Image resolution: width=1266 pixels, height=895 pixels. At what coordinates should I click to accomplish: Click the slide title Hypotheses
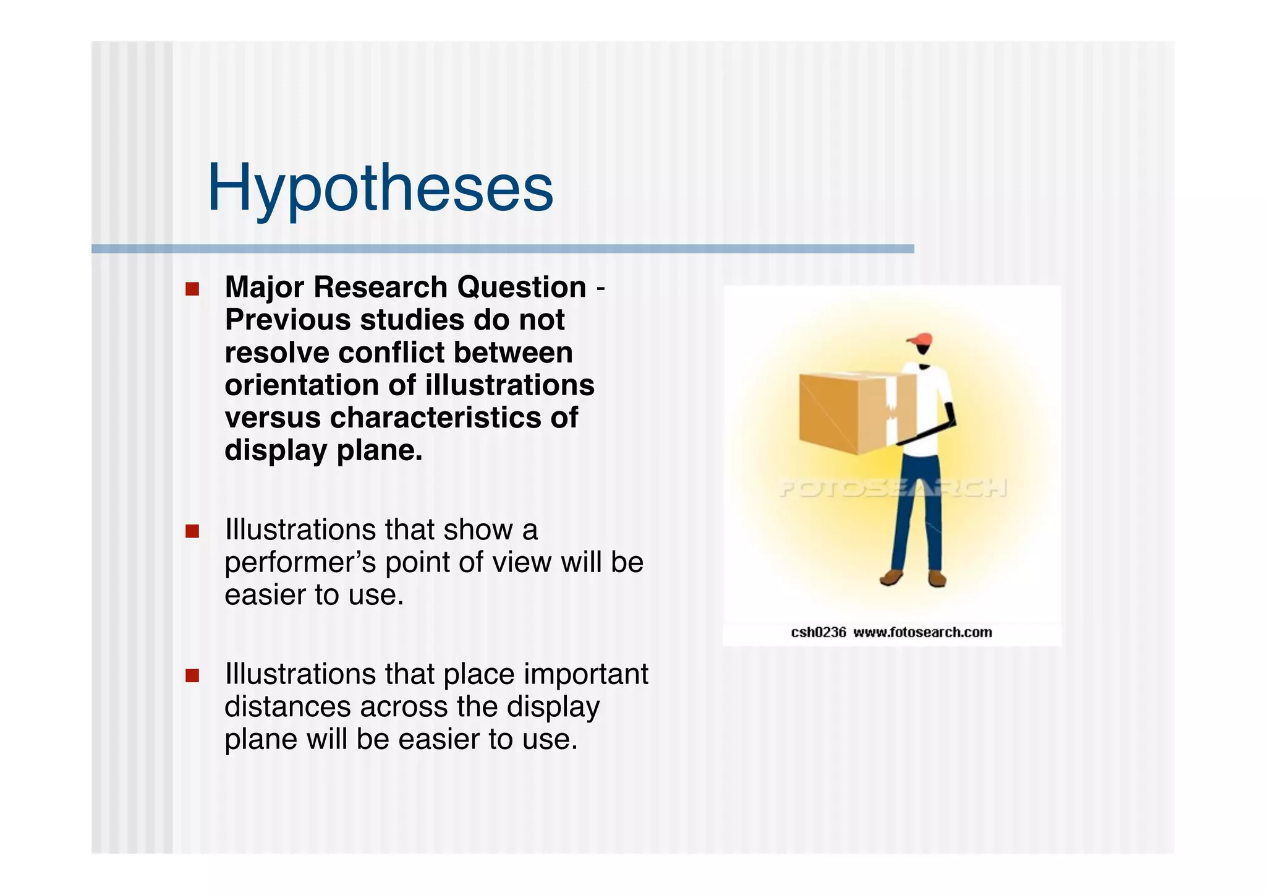[380, 188]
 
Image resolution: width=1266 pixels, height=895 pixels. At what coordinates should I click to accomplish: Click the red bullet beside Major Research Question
[192, 289]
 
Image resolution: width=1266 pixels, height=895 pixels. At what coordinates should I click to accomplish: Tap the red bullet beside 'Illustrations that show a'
[192, 531]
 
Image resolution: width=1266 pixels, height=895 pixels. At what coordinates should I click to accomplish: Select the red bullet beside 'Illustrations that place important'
[192, 675]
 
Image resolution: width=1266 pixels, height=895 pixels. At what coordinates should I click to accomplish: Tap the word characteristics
[435, 418]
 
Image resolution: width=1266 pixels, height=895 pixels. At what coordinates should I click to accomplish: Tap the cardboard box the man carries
[850, 411]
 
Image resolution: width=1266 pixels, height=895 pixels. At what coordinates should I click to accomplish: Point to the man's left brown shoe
[891, 578]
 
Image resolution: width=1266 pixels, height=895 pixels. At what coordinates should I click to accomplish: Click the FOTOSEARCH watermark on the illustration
[891, 489]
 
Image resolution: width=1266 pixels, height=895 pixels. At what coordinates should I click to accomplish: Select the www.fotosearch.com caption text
[922, 632]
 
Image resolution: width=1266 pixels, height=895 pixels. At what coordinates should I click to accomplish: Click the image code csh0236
[818, 632]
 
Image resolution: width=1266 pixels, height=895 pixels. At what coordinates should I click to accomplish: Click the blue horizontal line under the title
[502, 249]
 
